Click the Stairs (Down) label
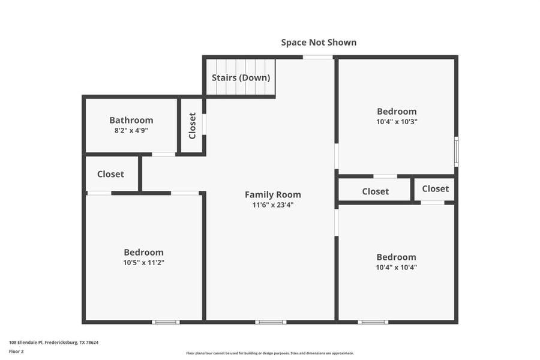click(241, 78)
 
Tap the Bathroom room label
click(131, 120)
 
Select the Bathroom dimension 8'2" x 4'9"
click(131, 130)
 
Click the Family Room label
click(273, 194)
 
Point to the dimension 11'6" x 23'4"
click(273, 205)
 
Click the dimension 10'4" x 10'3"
click(397, 121)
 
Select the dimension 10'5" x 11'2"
click(143, 262)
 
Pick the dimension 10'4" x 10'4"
click(396, 267)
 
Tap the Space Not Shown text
click(319, 43)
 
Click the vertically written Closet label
click(193, 125)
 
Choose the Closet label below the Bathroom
click(110, 174)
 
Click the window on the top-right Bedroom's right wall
click(456, 152)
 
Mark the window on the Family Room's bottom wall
click(271, 322)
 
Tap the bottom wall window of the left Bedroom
click(166, 322)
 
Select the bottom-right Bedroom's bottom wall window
click(373, 322)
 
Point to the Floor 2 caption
click(16, 351)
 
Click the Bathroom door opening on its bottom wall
click(163, 154)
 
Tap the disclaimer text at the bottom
click(270, 353)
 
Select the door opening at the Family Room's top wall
click(317, 57)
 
